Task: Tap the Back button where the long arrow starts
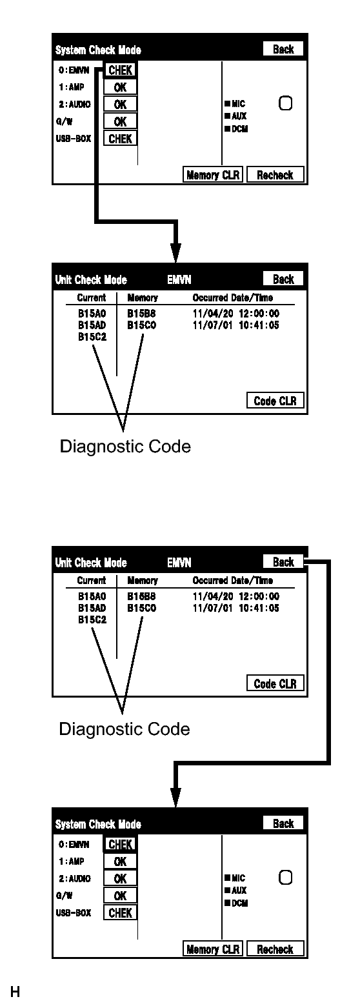(283, 561)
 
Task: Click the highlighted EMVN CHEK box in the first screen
(120, 70)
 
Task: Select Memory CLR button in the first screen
(213, 175)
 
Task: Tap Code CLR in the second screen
(275, 401)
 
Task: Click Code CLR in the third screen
(275, 683)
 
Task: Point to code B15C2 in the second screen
(92, 337)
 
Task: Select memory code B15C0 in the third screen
(142, 608)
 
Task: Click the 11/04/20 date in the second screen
(213, 314)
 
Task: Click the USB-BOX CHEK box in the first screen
(120, 139)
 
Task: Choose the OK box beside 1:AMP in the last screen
(120, 862)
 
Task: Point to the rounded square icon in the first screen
(286, 103)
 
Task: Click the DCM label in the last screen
(237, 903)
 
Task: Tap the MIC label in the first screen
(235, 103)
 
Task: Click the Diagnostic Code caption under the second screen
(125, 447)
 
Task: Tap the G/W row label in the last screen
(65, 896)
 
